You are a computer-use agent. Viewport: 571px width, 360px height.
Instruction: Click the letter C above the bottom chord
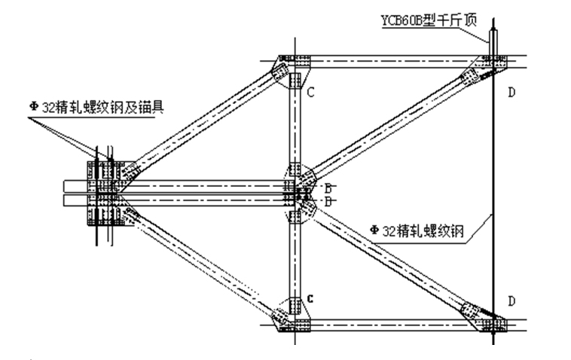point(309,299)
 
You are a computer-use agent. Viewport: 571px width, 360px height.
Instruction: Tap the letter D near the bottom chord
point(511,301)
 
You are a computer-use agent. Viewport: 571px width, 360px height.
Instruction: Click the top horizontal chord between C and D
point(392,60)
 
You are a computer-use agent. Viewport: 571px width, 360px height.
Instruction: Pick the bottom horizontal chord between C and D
point(392,325)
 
